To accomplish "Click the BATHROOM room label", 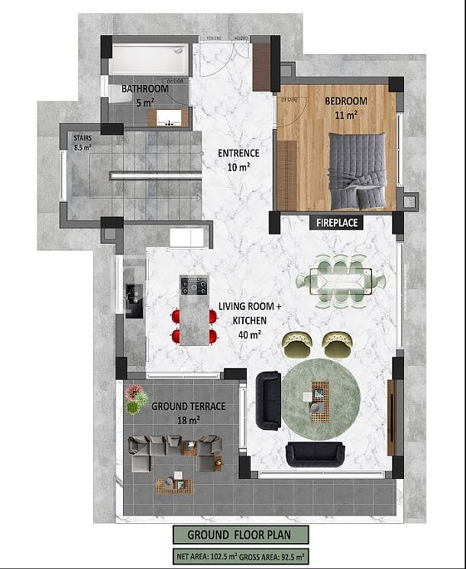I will tap(146, 89).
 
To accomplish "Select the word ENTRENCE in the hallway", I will tap(238, 153).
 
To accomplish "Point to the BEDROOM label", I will tap(345, 102).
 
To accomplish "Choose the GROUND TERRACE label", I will tap(188, 406).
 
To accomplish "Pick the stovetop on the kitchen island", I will tap(194, 286).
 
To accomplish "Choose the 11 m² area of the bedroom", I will tap(345, 115).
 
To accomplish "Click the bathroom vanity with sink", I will tap(170, 118).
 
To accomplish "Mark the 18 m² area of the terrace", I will tap(188, 419).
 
